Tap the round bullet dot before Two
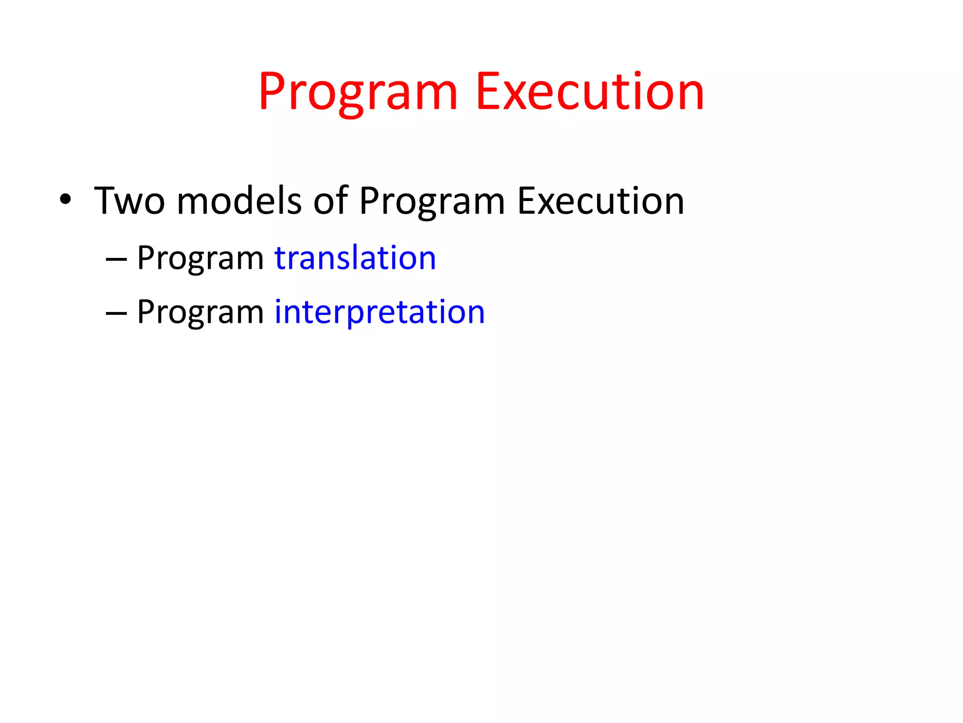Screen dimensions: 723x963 pyautogui.click(x=65, y=200)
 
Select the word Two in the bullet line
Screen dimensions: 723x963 pyautogui.click(x=129, y=201)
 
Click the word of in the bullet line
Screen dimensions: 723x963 pyautogui.click(x=330, y=201)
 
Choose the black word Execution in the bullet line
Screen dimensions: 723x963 pyautogui.click(x=600, y=201)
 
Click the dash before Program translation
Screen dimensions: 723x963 pyautogui.click(x=116, y=259)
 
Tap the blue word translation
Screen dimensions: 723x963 pyautogui.click(x=355, y=258)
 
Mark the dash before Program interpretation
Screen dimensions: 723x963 pyautogui.click(x=116, y=313)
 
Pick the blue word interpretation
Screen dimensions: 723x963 pyautogui.click(x=379, y=312)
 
